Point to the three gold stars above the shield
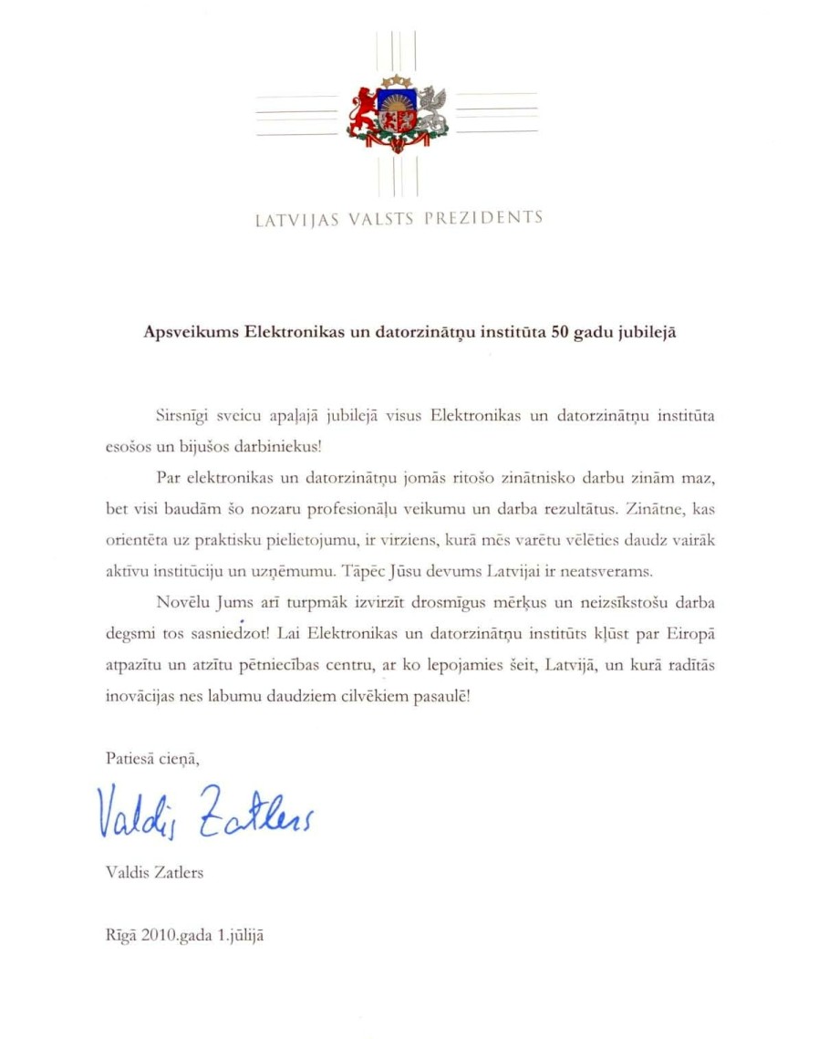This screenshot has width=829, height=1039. point(397,83)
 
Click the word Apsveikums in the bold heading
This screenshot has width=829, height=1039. point(191,332)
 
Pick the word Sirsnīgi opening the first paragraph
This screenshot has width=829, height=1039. point(174,417)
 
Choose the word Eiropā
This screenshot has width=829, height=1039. point(688,633)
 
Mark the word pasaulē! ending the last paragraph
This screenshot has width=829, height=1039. point(436,695)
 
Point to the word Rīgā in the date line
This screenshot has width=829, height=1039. point(120,936)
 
